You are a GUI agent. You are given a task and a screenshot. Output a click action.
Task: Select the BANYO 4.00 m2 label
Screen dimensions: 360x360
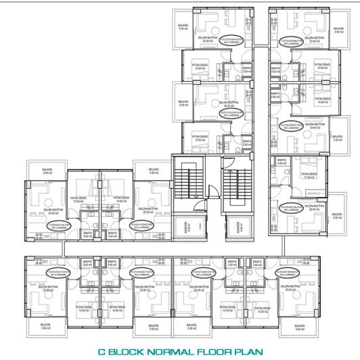[x=282, y=162]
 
